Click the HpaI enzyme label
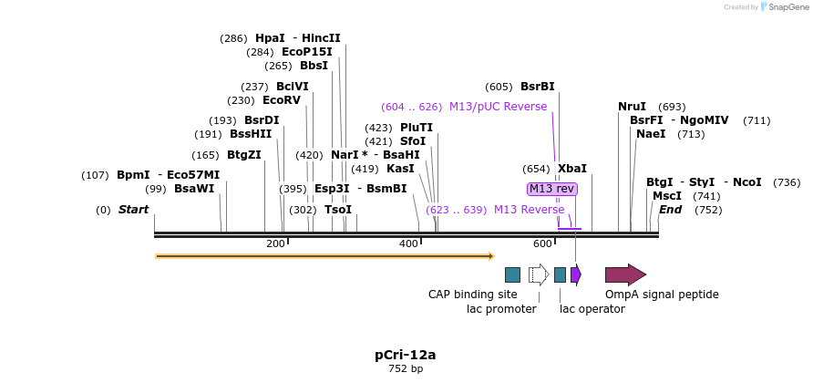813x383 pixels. tap(270, 38)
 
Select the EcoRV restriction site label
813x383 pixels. tap(281, 100)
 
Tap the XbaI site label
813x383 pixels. tap(572, 169)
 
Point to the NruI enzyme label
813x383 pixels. tap(632, 107)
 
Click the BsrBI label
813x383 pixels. tap(537, 87)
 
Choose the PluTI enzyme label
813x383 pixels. tap(417, 128)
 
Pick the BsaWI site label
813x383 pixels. tap(194, 189)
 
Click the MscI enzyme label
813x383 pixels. tap(667, 196)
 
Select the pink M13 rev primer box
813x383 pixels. tap(552, 189)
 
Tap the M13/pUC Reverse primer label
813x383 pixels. tap(498, 107)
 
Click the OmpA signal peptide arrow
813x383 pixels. tap(625, 274)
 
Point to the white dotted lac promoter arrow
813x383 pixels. tap(538, 274)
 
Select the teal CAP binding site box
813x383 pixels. tap(512, 274)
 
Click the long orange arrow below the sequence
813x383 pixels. tap(324, 256)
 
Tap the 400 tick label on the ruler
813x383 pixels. tap(408, 243)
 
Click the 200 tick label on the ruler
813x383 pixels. tap(275, 243)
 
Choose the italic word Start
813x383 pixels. tap(133, 210)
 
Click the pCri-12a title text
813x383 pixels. tap(406, 354)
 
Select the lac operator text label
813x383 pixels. tap(592, 309)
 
